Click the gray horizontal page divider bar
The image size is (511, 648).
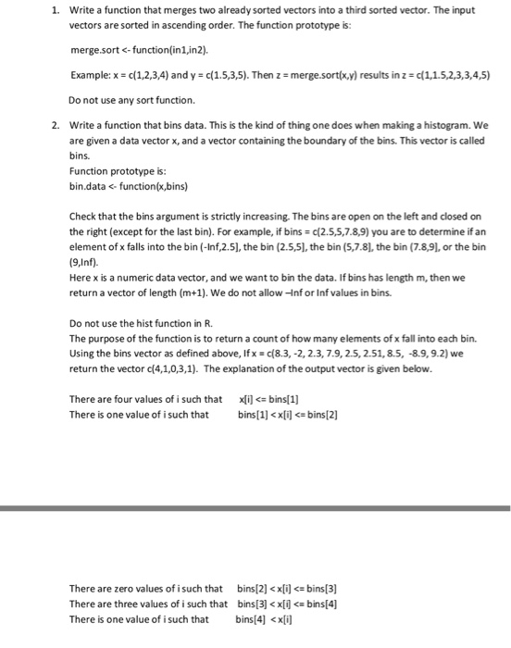tap(255, 507)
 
